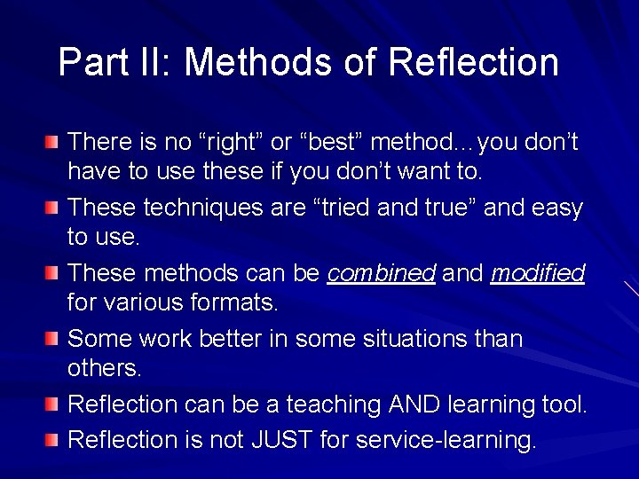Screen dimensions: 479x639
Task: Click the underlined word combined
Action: pyautogui.click(x=382, y=274)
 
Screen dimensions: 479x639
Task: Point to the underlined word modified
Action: pyautogui.click(x=538, y=274)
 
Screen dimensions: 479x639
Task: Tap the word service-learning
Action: pyautogui.click(x=445, y=439)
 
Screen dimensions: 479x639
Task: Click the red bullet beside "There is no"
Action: pyautogui.click(x=54, y=143)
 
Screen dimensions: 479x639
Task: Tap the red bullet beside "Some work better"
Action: pyautogui.click(x=54, y=340)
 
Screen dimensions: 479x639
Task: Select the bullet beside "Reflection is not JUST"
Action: pyautogui.click(x=54, y=439)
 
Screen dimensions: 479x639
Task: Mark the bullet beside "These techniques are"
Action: pyautogui.click(x=54, y=208)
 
